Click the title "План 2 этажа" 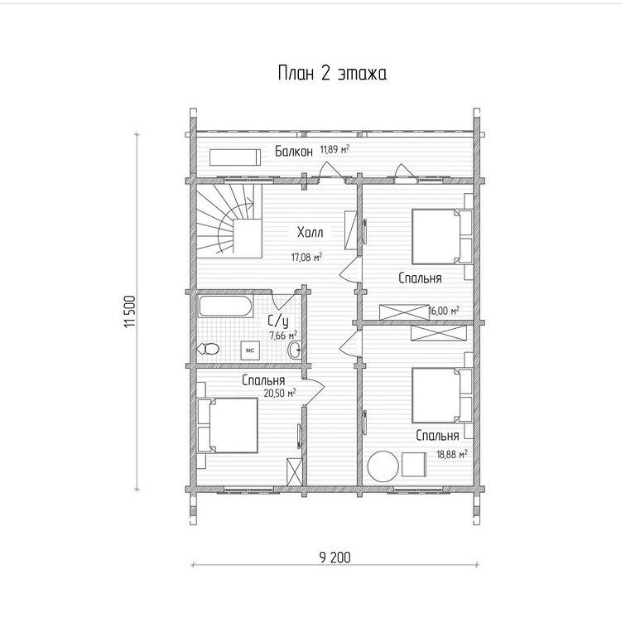[332, 74]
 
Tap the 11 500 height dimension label [130, 312]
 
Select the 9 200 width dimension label [335, 558]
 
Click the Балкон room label [294, 152]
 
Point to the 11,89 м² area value [335, 149]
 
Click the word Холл [310, 233]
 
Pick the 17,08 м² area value [306, 257]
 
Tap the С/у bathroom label [278, 321]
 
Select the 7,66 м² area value [283, 335]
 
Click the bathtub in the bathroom [226, 306]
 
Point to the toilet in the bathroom [207, 348]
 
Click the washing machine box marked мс [250, 350]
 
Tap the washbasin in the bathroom [295, 350]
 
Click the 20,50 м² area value [280, 394]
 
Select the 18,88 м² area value [452, 455]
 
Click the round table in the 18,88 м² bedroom [383, 466]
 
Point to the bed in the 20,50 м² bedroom [228, 425]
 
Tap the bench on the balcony [235, 157]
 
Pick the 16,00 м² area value [444, 311]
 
